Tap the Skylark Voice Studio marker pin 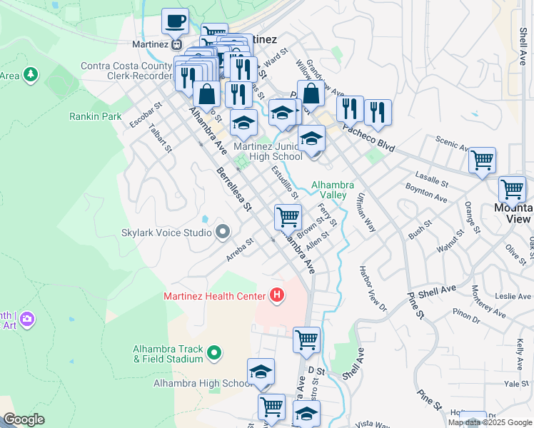click(223, 232)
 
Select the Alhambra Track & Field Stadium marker click(213, 352)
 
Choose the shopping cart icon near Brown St click(288, 215)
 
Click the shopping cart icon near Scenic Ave click(483, 160)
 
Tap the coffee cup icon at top click(175, 21)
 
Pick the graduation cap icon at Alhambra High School click(261, 372)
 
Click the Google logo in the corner click(23, 419)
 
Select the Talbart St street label click(161, 138)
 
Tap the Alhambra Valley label click(328, 190)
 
